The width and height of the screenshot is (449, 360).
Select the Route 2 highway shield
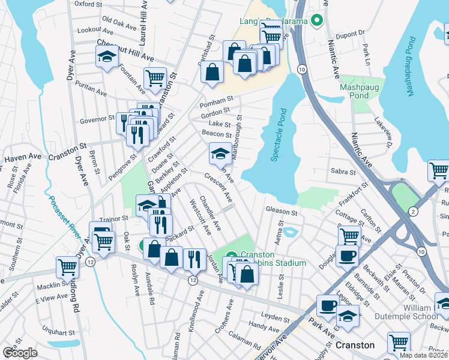(x=414, y=211)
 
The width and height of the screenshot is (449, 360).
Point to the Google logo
(x=20, y=353)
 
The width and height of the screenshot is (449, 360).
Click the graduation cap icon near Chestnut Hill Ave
(x=107, y=56)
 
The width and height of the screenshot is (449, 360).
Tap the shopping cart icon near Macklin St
(x=67, y=266)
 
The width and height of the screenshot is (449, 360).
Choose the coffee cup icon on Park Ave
(x=328, y=305)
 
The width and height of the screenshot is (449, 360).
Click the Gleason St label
(x=282, y=212)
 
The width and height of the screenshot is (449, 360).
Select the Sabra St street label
(x=343, y=172)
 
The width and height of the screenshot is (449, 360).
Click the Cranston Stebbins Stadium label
(x=273, y=259)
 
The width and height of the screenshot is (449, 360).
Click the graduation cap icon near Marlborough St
(x=220, y=154)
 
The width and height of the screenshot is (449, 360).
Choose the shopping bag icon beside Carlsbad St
(x=212, y=73)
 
